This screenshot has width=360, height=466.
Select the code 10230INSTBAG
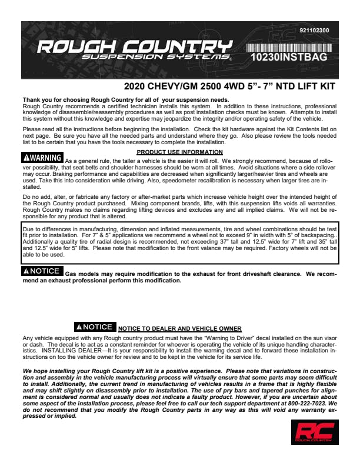tap(288, 58)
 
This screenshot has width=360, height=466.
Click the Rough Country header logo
tap(132, 46)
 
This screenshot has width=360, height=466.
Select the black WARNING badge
tap(42, 158)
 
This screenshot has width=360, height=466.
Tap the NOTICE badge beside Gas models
tap(42, 271)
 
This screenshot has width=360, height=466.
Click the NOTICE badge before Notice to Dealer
tap(95, 327)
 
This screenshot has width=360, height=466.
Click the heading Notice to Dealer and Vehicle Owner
tap(179, 328)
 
